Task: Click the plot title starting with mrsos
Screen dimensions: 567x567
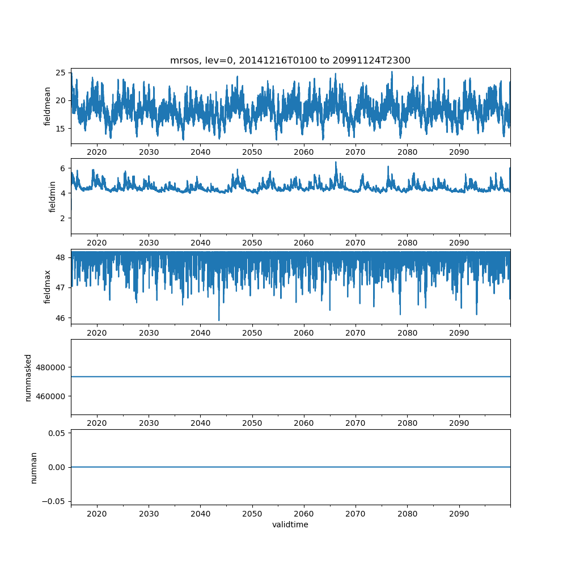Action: tap(290, 60)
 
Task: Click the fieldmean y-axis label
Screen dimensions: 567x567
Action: tap(48, 106)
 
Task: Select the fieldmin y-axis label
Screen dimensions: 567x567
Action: tap(52, 196)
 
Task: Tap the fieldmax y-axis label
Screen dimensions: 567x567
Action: tap(48, 286)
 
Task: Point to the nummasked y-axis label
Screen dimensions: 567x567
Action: tap(28, 378)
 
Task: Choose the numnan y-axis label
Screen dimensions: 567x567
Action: tap(33, 467)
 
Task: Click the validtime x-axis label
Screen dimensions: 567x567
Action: tap(290, 525)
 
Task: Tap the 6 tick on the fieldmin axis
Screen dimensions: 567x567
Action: tap(64, 168)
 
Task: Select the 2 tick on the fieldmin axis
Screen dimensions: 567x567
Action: tap(64, 218)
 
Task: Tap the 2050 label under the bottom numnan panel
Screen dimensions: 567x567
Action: tap(252, 513)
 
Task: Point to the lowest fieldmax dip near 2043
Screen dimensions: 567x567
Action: tap(219, 320)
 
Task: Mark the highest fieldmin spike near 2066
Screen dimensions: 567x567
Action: tap(336, 162)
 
